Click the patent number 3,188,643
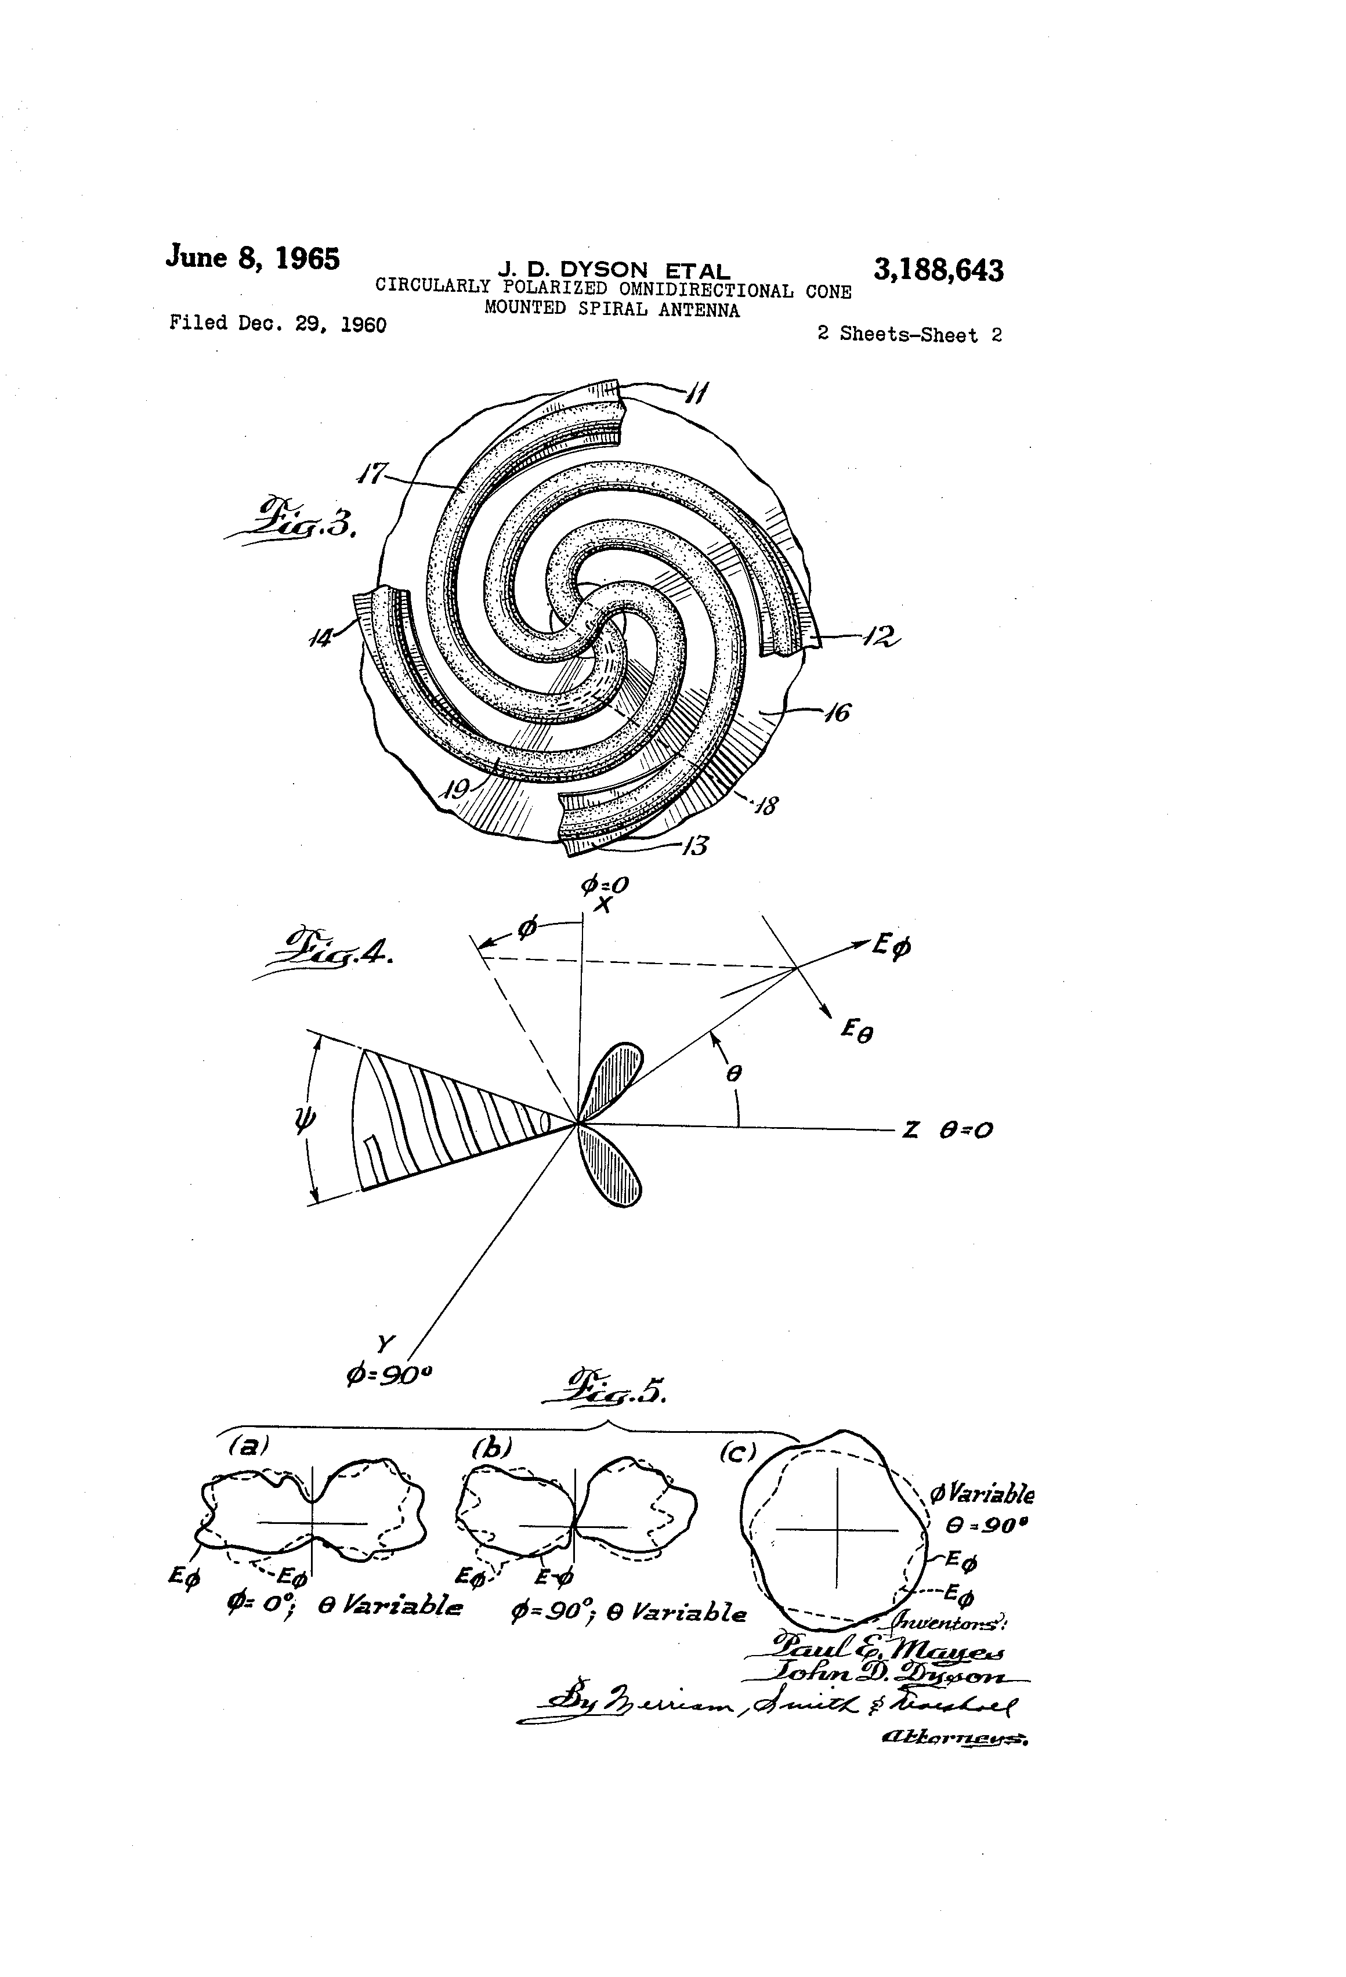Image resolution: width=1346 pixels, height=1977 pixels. click(938, 270)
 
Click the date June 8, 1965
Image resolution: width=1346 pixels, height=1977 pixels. click(253, 257)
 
